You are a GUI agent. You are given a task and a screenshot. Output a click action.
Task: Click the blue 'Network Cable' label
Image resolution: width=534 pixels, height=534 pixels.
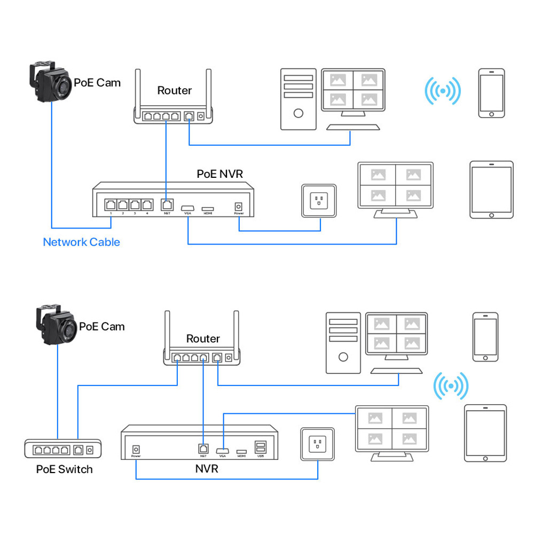pyautogui.click(x=81, y=242)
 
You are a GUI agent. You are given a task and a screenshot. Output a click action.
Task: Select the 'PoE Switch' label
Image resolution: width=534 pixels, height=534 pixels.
pyautogui.click(x=64, y=469)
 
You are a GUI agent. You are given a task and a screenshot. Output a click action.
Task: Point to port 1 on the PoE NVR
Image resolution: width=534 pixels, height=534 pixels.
pyautogui.click(x=111, y=204)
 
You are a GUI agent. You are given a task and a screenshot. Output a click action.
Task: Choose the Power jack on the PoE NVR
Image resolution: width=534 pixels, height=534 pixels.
pyautogui.click(x=238, y=205)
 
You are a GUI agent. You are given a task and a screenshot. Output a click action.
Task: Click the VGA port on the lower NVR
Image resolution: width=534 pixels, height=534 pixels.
pyautogui.click(x=222, y=449)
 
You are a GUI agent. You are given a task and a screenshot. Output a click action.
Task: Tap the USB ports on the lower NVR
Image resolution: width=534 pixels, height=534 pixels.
pyautogui.click(x=261, y=447)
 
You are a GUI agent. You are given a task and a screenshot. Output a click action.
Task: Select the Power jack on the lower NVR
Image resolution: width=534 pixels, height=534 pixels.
pyautogui.click(x=136, y=449)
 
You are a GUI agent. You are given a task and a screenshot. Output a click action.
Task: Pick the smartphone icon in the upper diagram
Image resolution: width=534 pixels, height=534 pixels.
pyautogui.click(x=491, y=93)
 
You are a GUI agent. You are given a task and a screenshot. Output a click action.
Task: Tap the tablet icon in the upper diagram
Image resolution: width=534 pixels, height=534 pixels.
pyautogui.click(x=491, y=190)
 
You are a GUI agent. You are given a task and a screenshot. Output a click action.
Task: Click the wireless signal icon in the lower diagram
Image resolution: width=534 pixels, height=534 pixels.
pyautogui.click(x=450, y=386)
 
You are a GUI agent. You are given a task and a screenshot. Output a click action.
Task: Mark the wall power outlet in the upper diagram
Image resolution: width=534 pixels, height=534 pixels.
pyautogui.click(x=319, y=201)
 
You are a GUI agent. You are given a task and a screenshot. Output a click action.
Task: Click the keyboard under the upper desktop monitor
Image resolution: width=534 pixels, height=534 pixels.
pyautogui.click(x=353, y=127)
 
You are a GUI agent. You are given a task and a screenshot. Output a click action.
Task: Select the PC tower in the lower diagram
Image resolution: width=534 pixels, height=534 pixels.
pyautogui.click(x=343, y=342)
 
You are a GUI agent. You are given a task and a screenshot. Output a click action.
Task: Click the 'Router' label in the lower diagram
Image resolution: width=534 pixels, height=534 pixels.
pyautogui.click(x=203, y=339)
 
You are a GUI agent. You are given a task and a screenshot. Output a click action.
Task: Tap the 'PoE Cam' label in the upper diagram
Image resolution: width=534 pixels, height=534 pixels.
pyautogui.click(x=97, y=83)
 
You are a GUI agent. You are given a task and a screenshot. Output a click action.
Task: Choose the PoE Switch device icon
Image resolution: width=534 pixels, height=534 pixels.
pyautogui.click(x=63, y=450)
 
